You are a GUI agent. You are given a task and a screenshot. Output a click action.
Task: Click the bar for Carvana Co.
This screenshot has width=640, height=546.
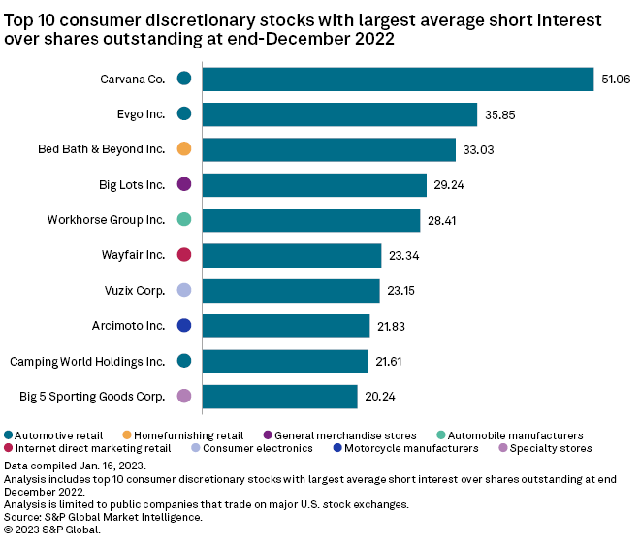click(x=398, y=79)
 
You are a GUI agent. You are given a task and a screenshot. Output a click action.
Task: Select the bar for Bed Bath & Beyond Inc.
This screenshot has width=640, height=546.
click(x=329, y=149)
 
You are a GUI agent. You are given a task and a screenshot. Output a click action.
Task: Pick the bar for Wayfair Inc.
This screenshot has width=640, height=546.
click(x=292, y=255)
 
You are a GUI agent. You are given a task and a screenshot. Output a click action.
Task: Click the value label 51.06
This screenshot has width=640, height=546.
click(x=616, y=79)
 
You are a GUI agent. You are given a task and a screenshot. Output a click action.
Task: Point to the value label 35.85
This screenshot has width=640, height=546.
click(x=499, y=114)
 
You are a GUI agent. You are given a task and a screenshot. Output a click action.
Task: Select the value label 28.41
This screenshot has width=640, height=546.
click(x=442, y=220)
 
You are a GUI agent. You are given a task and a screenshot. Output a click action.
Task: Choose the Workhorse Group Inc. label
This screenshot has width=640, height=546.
click(x=106, y=220)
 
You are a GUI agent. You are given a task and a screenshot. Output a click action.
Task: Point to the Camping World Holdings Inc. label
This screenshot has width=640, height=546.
click(x=87, y=361)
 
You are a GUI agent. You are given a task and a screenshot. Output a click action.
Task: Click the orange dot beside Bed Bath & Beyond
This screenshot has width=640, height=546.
click(x=184, y=149)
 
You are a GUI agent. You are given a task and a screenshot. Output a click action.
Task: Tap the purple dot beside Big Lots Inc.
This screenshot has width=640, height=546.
click(x=184, y=184)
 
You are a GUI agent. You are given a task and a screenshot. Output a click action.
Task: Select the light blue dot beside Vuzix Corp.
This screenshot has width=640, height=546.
click(x=184, y=290)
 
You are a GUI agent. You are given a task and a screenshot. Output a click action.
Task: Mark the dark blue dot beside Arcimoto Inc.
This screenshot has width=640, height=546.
click(x=184, y=326)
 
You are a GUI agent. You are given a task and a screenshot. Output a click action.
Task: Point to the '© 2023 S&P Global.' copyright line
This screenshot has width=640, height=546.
click(x=52, y=530)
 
